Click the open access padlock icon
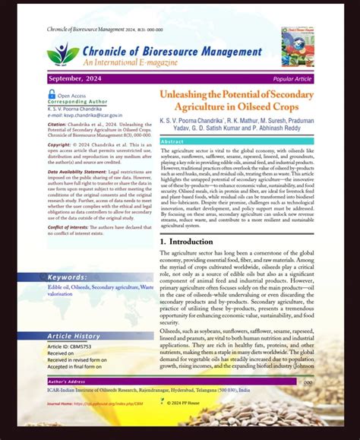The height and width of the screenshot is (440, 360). pos(52,94)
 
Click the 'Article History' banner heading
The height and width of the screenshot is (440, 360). pos(74,315)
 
